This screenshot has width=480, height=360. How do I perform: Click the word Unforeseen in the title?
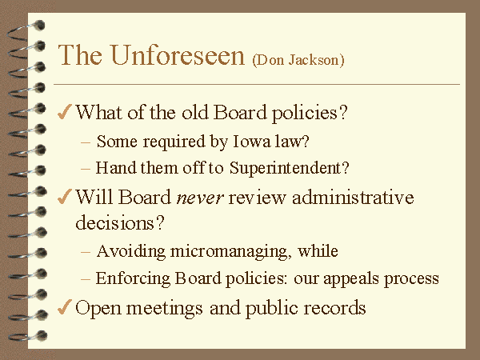178,55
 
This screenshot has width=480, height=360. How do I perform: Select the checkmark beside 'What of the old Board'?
65,111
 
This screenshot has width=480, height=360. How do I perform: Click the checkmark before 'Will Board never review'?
65,196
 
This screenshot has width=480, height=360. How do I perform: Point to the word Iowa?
252,142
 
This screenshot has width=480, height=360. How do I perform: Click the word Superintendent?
290,168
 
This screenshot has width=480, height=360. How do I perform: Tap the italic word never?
200,198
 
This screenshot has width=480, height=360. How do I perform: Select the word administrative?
353,197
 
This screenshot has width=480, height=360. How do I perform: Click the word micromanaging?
230,252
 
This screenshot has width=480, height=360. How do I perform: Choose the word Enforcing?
133,279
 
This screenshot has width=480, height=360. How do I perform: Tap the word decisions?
120,222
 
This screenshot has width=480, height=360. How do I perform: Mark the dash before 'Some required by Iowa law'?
86,142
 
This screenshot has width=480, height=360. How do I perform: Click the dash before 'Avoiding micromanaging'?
86,252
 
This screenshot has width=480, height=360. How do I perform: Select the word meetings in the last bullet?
164,309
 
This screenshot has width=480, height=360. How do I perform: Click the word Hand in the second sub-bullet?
116,168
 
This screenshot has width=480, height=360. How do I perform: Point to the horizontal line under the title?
257,84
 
